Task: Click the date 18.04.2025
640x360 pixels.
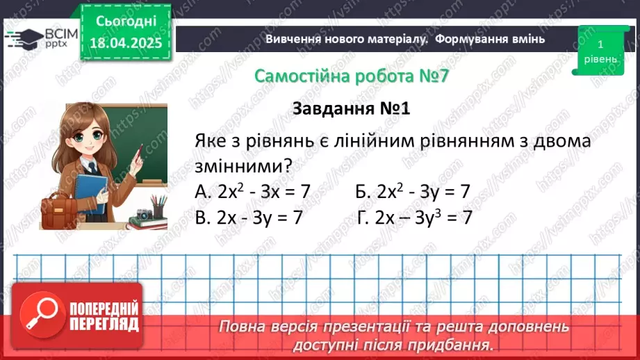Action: (125, 42)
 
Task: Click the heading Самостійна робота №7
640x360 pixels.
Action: (351, 76)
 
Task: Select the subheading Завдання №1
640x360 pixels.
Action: (352, 109)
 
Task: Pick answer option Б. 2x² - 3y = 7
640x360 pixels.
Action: (413, 191)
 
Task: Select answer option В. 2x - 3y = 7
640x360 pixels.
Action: (249, 218)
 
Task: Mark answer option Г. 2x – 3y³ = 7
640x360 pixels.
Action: (415, 218)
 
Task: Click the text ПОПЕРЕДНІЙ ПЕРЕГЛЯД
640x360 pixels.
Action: (104, 317)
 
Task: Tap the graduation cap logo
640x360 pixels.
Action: (22, 38)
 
